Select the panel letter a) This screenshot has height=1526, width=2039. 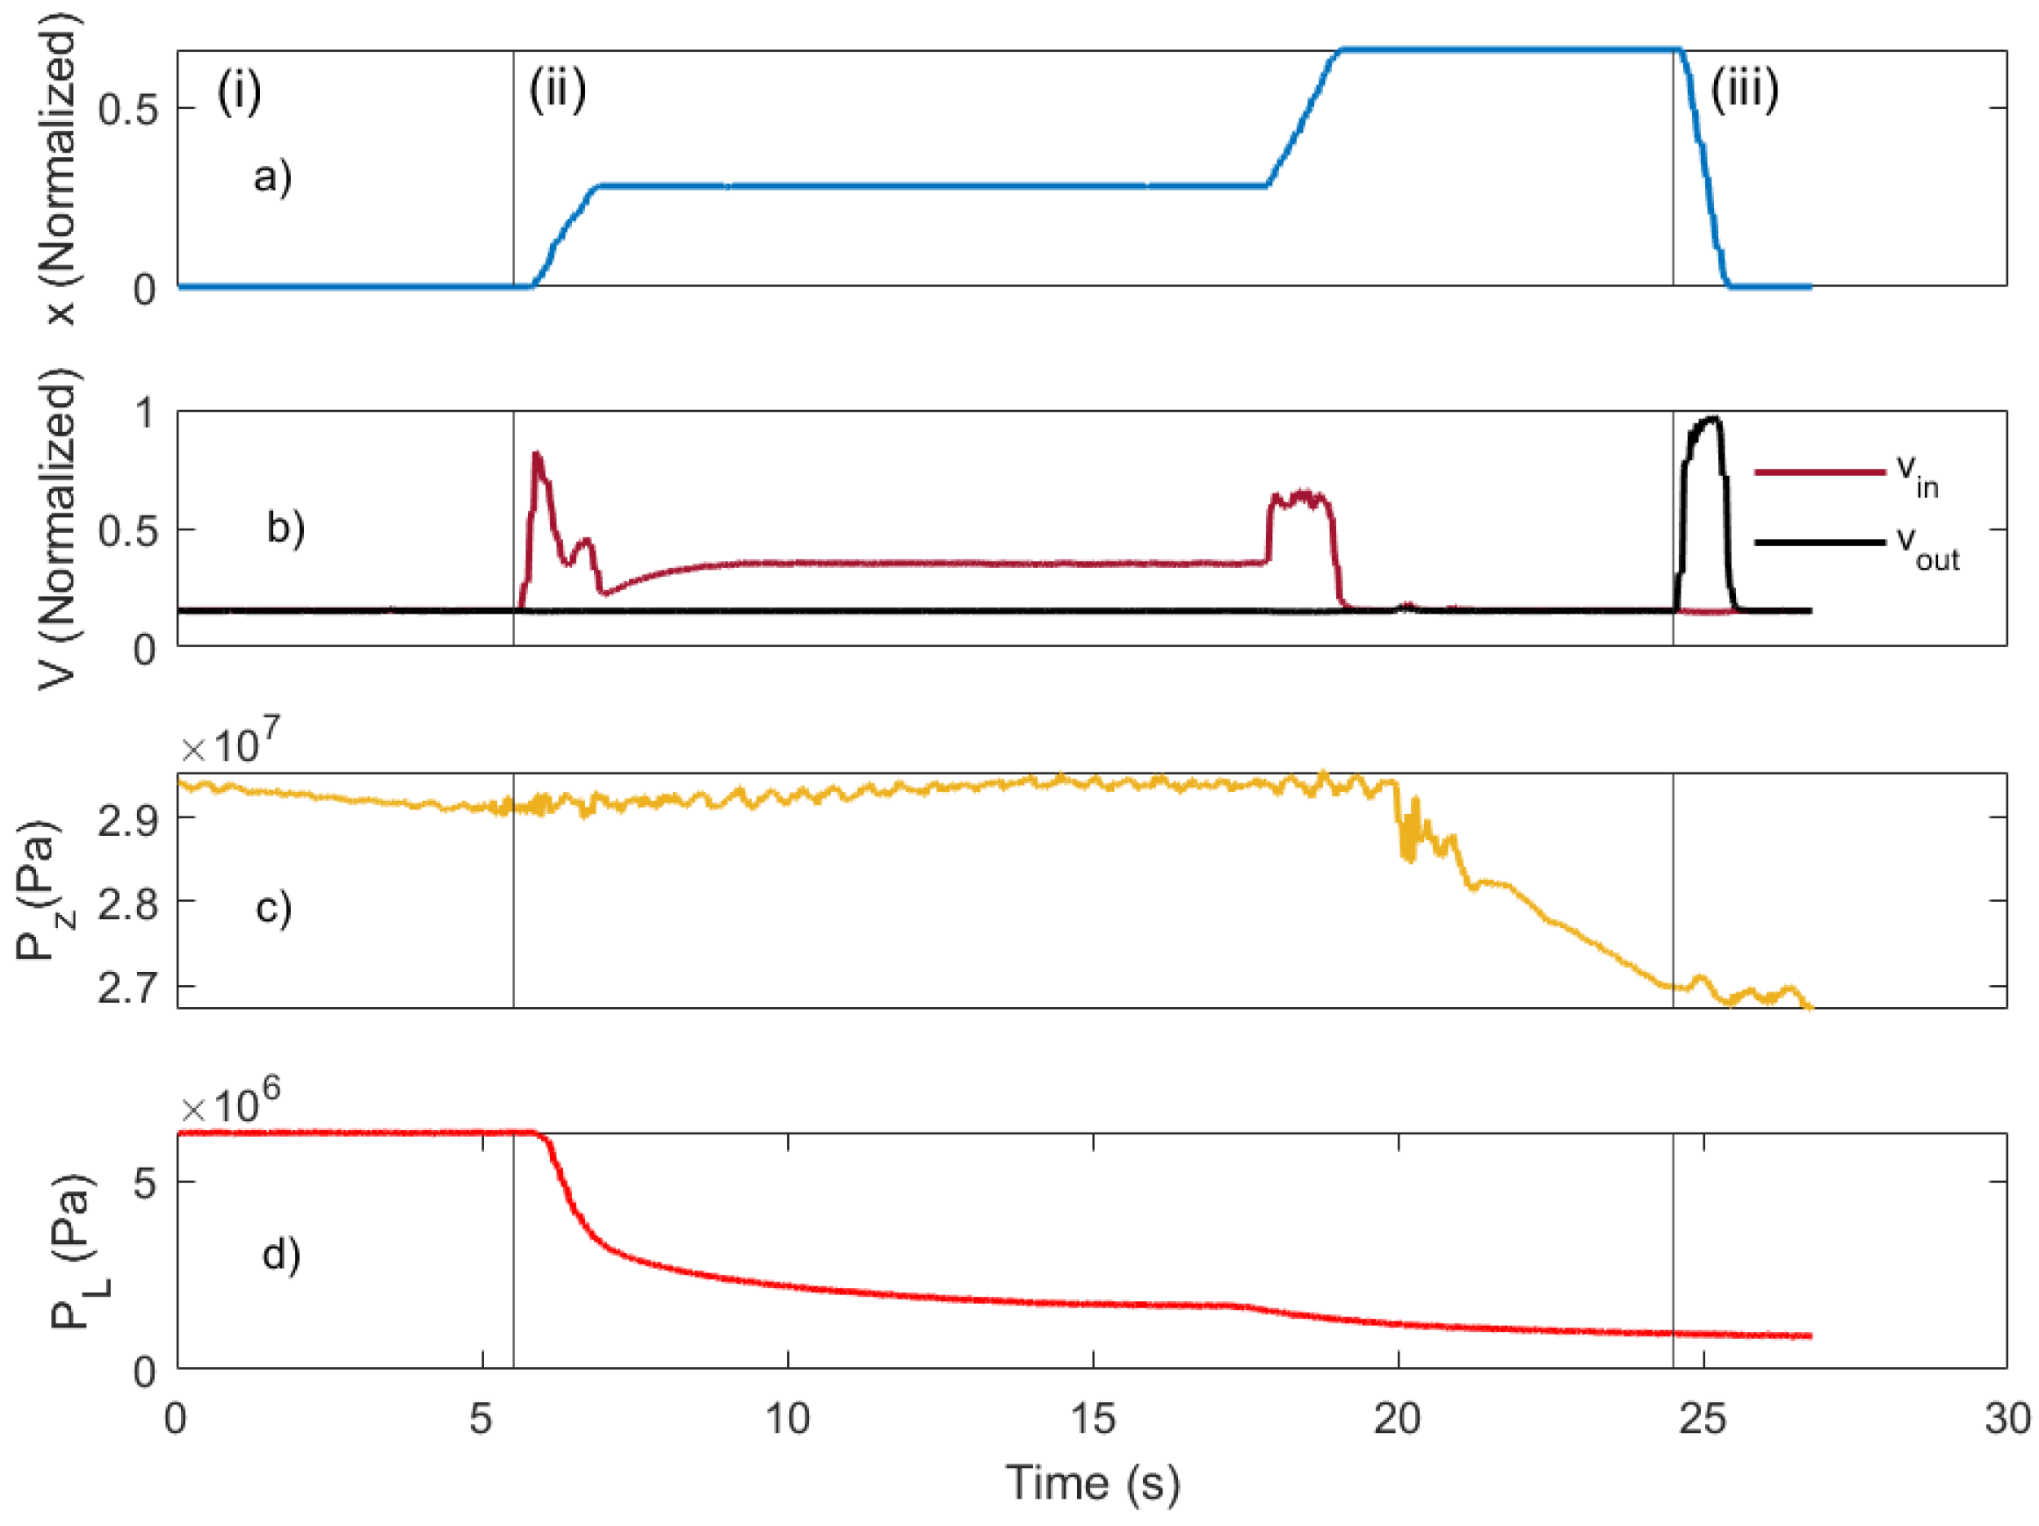pyautogui.click(x=273, y=175)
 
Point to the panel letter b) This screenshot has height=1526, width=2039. pyautogui.click(x=286, y=527)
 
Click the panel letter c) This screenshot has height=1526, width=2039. pyautogui.click(x=274, y=907)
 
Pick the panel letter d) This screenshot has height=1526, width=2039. pyautogui.click(x=281, y=1254)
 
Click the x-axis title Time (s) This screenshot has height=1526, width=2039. pyautogui.click(x=1092, y=1483)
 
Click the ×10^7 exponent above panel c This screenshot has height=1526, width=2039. pyautogui.click(x=230, y=744)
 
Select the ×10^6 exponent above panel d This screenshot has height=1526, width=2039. pyautogui.click(x=230, y=1103)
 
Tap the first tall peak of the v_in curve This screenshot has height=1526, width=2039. pyautogui.click(x=537, y=455)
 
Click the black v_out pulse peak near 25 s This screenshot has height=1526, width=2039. pyautogui.click(x=1712, y=421)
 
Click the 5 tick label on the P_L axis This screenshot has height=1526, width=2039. pyautogui.click(x=145, y=1184)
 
